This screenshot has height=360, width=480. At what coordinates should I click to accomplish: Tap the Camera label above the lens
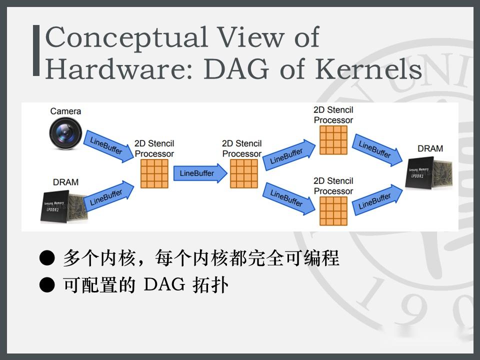click(x=65, y=111)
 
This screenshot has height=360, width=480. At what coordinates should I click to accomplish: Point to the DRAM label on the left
click(x=65, y=182)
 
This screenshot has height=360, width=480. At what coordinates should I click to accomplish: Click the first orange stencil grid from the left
click(x=154, y=173)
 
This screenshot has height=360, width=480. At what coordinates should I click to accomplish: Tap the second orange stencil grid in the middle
click(x=244, y=173)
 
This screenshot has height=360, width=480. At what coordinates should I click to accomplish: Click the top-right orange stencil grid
click(x=333, y=140)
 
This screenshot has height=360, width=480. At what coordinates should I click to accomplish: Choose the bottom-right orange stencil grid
click(x=333, y=211)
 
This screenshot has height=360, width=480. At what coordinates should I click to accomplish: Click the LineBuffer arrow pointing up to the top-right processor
click(x=289, y=153)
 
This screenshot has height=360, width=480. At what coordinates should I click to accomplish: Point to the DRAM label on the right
click(x=430, y=148)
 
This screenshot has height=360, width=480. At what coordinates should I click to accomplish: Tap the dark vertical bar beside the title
click(x=36, y=50)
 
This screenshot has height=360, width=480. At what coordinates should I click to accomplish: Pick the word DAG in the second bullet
click(x=164, y=285)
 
